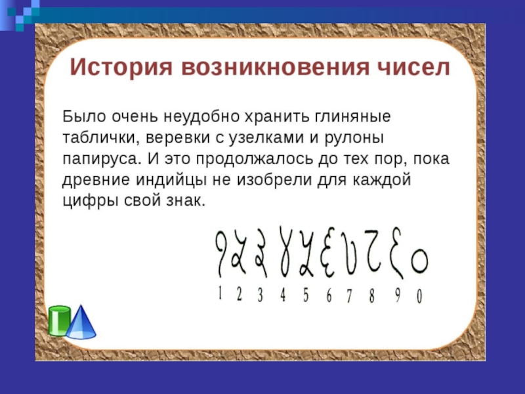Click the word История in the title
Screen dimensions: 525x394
click(121, 68)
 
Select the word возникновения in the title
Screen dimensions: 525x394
click(276, 68)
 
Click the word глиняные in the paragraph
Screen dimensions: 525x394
click(352, 117)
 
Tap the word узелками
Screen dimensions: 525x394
click(266, 138)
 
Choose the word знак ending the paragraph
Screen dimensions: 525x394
click(186, 201)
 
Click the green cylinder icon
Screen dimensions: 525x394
click(59, 320)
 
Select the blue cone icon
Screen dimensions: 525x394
click(81, 322)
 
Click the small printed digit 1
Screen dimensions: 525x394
click(220, 293)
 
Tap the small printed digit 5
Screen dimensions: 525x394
click(306, 295)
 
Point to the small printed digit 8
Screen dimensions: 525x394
click(371, 296)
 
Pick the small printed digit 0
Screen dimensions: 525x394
click(419, 297)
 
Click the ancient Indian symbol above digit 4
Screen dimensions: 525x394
click(285, 252)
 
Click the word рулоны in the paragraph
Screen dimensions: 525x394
click(354, 138)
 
